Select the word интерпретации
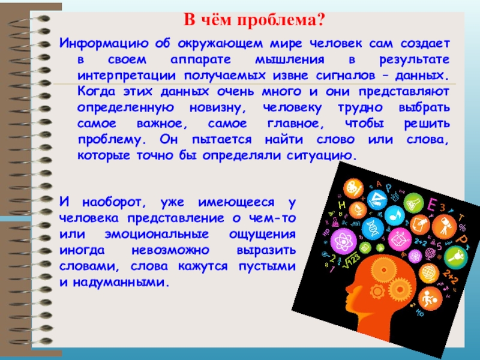pyautogui.click(x=127, y=76)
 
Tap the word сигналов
pyautogui.click(x=346, y=76)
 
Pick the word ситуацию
pyautogui.click(x=322, y=156)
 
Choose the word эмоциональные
pyautogui.click(x=157, y=235)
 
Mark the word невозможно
pyautogui.click(x=170, y=250)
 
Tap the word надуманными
pyautogui.click(x=121, y=283)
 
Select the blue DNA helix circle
pyautogui.click(x=373, y=228)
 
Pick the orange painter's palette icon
pyautogui.click(x=353, y=188)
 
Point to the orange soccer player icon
pyautogui.click(x=430, y=298)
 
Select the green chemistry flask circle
pyautogui.click(x=413, y=203)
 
